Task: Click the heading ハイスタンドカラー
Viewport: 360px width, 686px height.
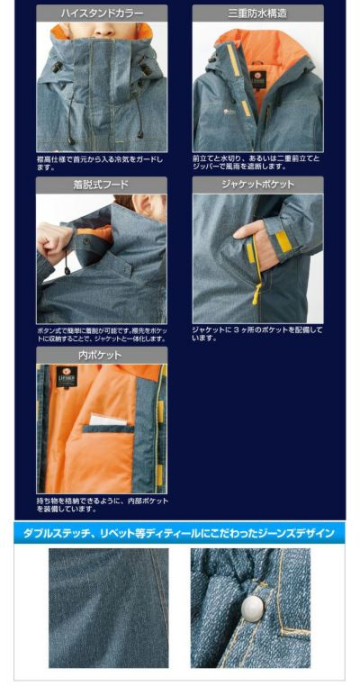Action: coord(101,14)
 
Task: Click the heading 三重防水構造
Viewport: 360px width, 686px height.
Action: coord(257,14)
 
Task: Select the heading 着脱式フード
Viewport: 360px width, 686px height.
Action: coord(101,185)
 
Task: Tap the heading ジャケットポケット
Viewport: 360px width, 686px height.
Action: coord(257,185)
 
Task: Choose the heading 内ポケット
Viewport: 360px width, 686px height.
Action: coord(101,356)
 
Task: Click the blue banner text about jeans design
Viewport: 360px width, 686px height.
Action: coord(180,533)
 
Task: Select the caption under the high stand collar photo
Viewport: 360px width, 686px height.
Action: coord(101,163)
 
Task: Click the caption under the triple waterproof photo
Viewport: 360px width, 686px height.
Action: coord(257,163)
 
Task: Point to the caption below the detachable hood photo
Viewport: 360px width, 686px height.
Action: coord(101,335)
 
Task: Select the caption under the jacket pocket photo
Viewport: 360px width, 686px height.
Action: coord(257,333)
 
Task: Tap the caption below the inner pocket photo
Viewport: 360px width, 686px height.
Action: coord(101,504)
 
